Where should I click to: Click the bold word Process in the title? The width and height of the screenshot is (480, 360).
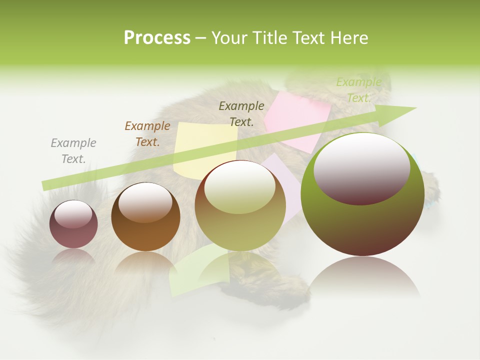click(x=157, y=38)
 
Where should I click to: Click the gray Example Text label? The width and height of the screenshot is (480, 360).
click(x=73, y=151)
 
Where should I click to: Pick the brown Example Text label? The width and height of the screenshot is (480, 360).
click(x=147, y=134)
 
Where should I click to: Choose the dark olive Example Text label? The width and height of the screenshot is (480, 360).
click(x=241, y=113)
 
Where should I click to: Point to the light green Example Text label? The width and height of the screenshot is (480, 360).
click(x=358, y=90)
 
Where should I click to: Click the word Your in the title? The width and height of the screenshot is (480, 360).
click(x=229, y=38)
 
